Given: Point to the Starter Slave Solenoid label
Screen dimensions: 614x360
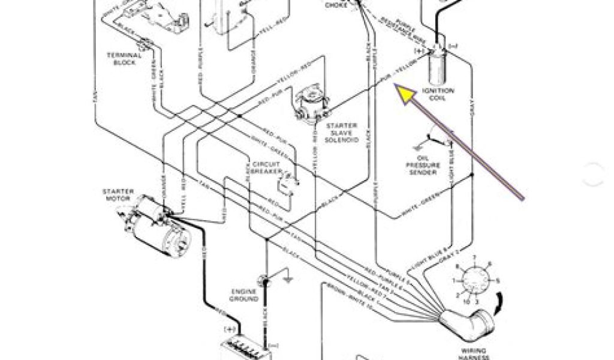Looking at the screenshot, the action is point(342,133).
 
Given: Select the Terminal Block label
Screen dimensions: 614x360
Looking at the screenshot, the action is point(124,58).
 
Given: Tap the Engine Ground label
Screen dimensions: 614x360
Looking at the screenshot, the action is point(244,295).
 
